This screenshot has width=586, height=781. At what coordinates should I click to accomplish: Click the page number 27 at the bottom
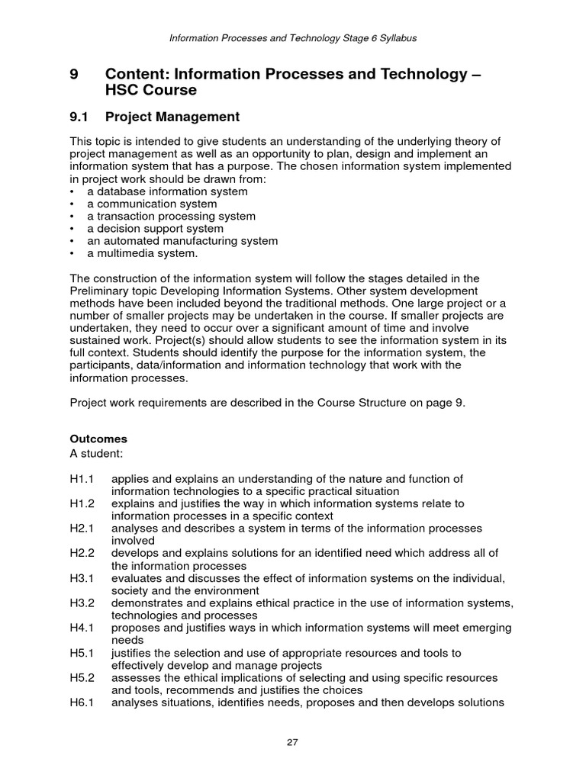292,744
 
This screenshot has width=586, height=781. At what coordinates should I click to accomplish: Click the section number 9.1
79,117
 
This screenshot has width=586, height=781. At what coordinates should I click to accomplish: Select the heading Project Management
172,117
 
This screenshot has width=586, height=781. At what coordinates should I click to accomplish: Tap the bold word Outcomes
98,439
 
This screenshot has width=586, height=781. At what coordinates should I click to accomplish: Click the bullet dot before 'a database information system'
72,192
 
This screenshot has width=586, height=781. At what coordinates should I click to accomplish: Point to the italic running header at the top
292,37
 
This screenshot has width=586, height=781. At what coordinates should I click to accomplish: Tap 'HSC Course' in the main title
150,91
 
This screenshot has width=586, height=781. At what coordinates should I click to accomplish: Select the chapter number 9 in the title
74,74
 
